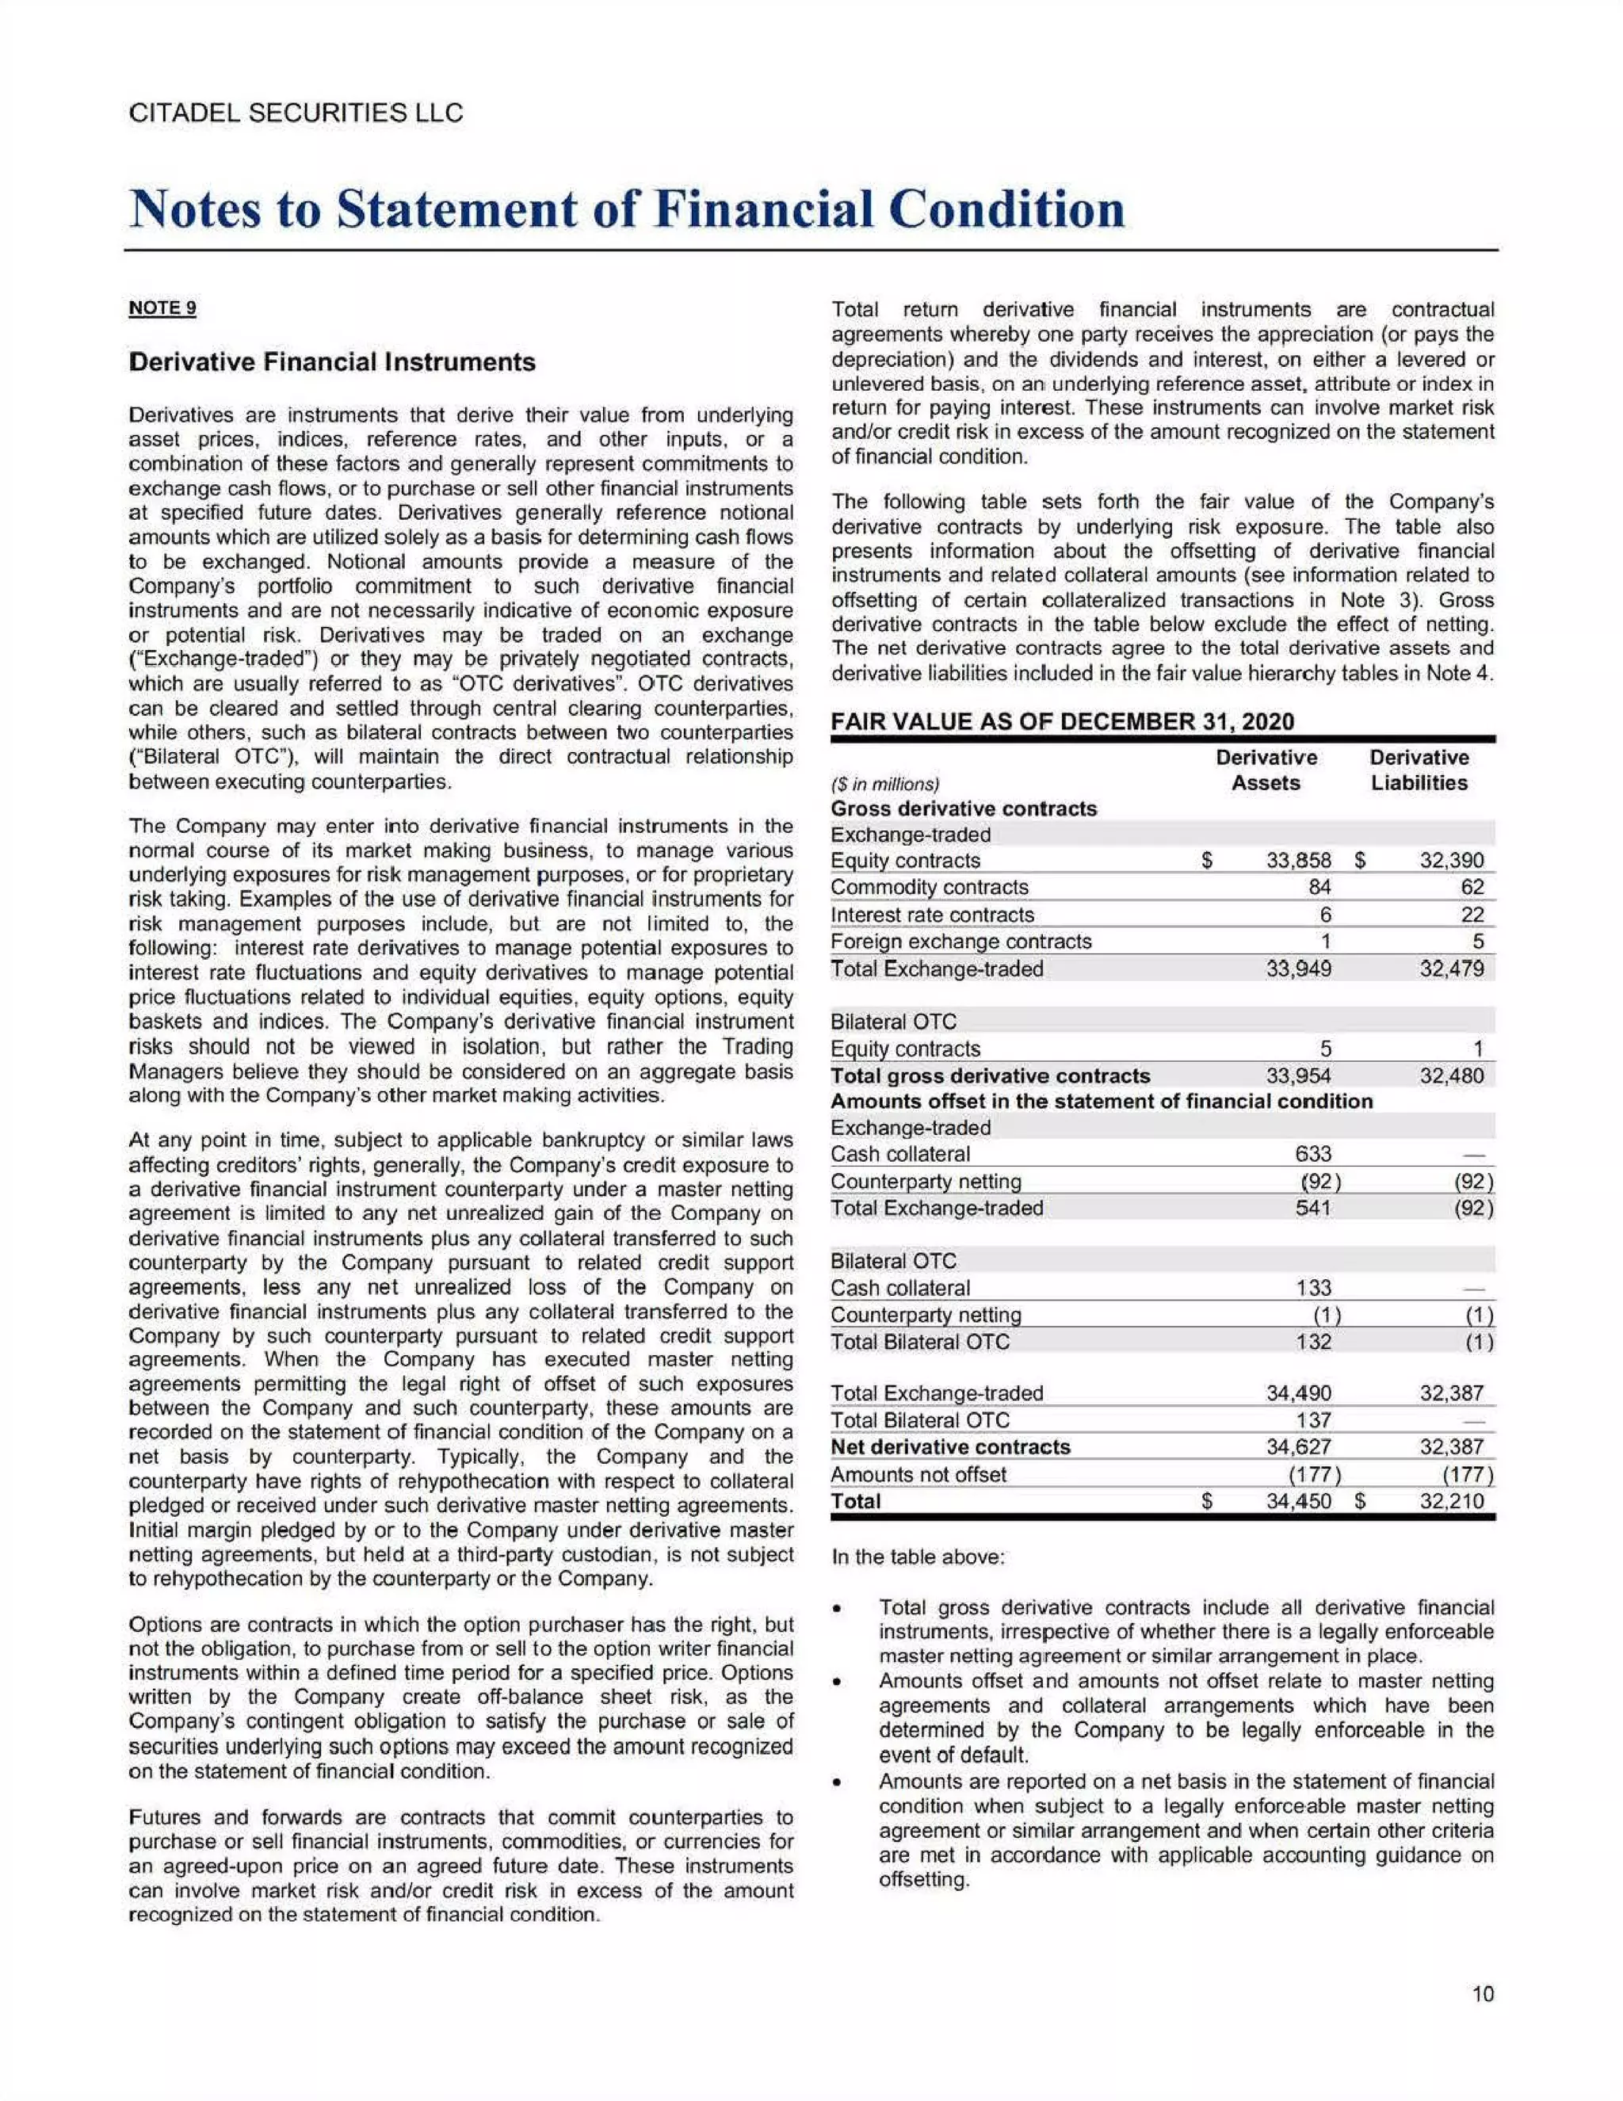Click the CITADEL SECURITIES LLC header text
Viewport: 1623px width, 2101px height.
(x=296, y=113)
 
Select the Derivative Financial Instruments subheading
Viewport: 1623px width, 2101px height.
(x=332, y=363)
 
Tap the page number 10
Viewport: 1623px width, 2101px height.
(x=1483, y=1994)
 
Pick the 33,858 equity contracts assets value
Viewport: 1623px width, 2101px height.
(x=1298, y=861)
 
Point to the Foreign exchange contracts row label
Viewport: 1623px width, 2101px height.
(x=960, y=942)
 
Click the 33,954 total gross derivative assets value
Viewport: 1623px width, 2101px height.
(x=1298, y=1075)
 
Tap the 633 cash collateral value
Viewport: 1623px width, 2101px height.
(x=1313, y=1153)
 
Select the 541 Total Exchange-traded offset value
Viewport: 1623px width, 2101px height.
(x=1313, y=1207)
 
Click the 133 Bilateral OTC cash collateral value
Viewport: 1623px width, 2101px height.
(x=1313, y=1288)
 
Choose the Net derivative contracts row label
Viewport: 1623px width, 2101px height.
(x=949, y=1447)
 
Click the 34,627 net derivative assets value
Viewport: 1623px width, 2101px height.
(x=1298, y=1447)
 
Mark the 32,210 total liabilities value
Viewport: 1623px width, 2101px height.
(x=1452, y=1502)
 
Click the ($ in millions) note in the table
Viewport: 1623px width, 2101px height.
(x=884, y=784)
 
